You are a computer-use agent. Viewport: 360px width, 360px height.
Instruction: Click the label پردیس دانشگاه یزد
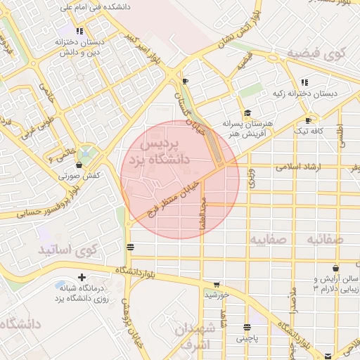166,151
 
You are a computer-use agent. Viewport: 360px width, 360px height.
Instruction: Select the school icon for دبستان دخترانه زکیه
304,82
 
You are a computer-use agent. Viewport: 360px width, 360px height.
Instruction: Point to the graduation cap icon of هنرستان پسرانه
247,113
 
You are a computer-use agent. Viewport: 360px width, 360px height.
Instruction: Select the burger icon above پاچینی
247,327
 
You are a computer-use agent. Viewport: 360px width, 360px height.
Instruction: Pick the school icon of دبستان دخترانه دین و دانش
79,32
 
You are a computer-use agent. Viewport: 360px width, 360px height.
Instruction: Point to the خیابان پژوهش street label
127,321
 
